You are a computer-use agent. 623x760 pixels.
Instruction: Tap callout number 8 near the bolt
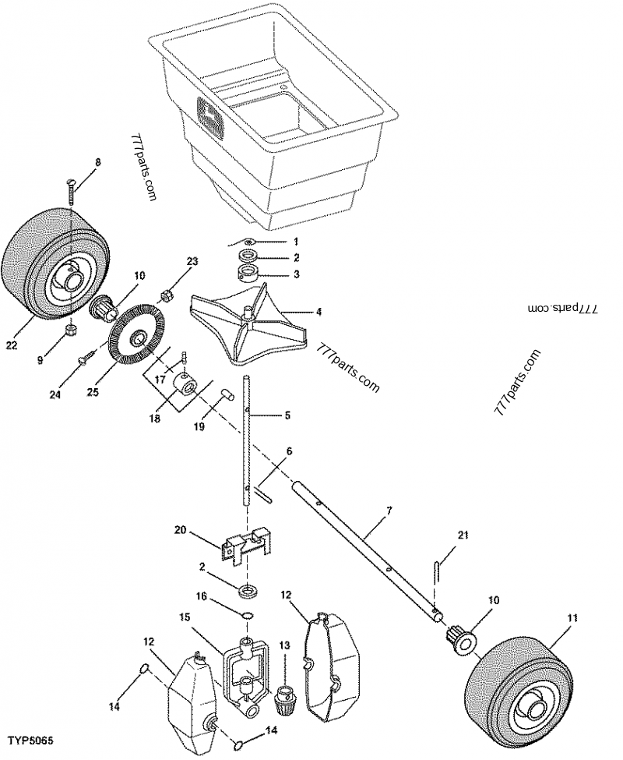pos(97,162)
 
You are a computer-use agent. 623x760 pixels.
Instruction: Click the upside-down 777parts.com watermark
pos(561,308)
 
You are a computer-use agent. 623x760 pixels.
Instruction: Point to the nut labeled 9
pos(69,332)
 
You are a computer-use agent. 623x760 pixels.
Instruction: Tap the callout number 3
pos(273,274)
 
